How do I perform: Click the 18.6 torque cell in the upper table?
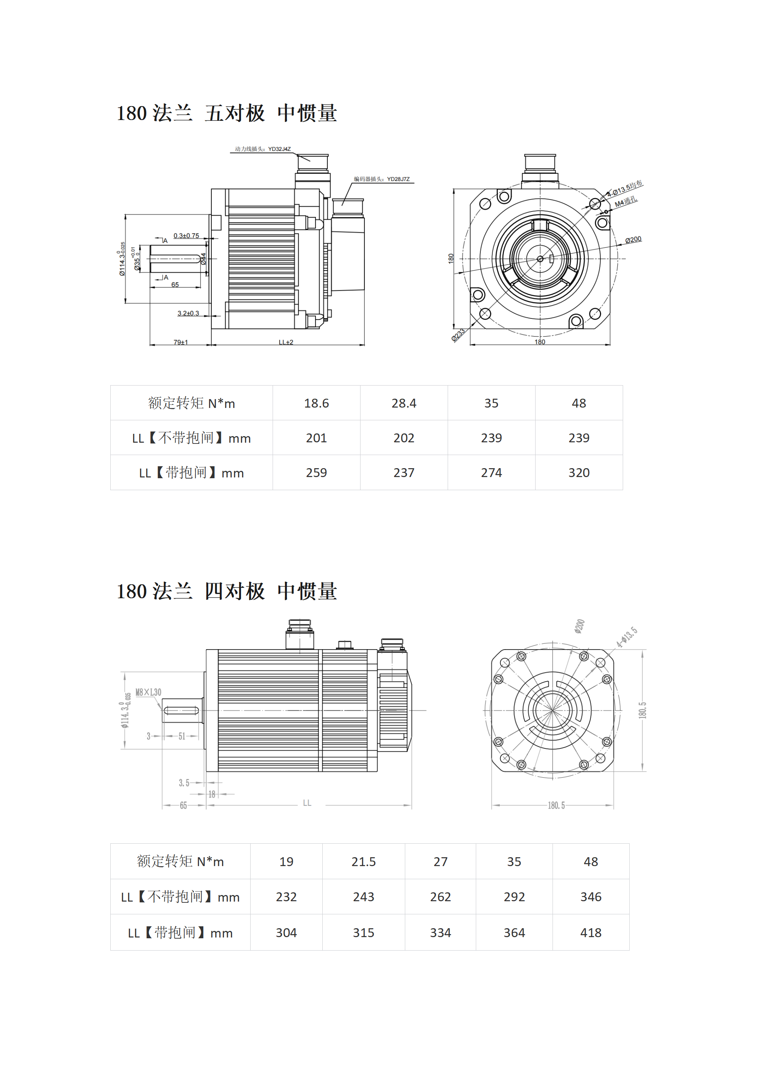[316, 403]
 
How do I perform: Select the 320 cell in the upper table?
[579, 473]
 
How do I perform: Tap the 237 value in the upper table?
[404, 473]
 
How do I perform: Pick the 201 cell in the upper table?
[316, 438]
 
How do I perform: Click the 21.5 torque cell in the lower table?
[363, 862]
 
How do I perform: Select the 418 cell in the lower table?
[591, 932]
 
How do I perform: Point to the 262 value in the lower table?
[440, 897]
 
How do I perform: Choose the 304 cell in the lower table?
[286, 932]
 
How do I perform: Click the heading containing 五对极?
[227, 113]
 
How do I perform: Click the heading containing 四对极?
[227, 592]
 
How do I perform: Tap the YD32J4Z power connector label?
[263, 149]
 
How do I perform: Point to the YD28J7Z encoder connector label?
[382, 179]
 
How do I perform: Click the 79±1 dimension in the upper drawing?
[180, 342]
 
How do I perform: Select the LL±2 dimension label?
[286, 342]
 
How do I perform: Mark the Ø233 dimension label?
[458, 335]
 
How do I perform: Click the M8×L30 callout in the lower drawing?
[148, 692]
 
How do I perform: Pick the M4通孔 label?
[626, 202]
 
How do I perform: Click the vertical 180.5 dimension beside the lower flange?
[642, 711]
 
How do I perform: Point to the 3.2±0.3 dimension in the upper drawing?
[188, 313]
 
